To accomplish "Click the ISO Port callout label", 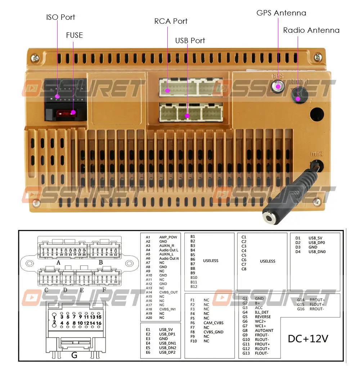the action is coord(60,17).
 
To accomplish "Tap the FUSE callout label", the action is coord(74,35).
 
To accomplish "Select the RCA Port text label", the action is coord(171,21).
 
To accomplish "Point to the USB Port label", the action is coord(190,41).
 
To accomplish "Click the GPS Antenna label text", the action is coord(281,13).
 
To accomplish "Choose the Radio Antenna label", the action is coord(311,30).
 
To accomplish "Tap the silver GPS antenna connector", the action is coord(278,86).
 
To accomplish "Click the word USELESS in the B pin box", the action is coord(211,261).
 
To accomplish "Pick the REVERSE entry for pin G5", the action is coord(262,317).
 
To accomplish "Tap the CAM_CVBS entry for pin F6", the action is coord(213,323).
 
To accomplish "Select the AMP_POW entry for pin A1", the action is coord(168,237).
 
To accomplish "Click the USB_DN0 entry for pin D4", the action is coord(317,252).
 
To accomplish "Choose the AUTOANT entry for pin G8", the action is coord(264,330).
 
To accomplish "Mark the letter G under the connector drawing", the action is coord(74,356).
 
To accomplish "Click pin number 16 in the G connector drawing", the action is coord(99,323).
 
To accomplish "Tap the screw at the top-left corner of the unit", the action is coord(35,57).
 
